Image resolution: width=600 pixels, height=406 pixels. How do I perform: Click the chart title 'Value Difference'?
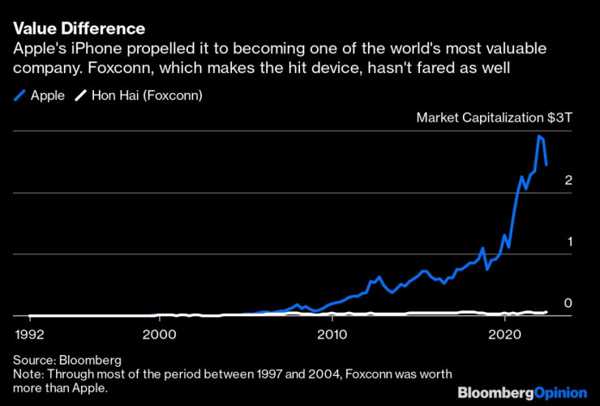tap(79, 29)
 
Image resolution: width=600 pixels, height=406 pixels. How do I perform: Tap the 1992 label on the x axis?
tap(29, 333)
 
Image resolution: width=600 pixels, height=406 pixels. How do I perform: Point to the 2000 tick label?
tap(159, 333)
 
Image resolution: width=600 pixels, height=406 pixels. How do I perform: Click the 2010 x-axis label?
tap(332, 333)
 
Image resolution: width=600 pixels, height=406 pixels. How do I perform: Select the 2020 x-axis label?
tap(504, 333)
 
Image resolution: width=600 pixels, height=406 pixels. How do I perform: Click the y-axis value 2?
tap(568, 180)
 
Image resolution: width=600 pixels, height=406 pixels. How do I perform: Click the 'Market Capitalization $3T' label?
tap(495, 118)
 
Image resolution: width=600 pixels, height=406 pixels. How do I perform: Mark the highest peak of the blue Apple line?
tap(538, 136)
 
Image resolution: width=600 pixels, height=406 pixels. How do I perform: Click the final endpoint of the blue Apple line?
tap(546, 165)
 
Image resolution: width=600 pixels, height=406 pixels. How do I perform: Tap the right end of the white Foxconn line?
tap(546, 311)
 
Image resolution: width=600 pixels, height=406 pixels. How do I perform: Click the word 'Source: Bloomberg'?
tap(66, 358)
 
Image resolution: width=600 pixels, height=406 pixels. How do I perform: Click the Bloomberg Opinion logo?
tap(522, 393)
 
